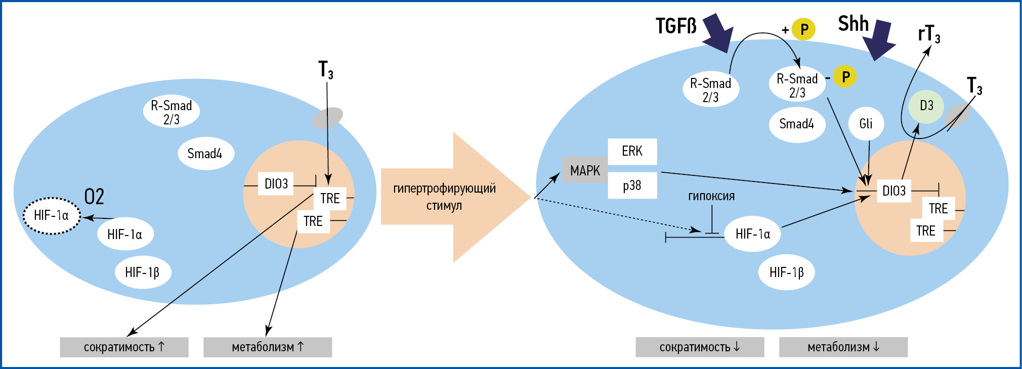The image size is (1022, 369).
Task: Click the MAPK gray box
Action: click(585, 170)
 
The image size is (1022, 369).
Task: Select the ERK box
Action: click(632, 151)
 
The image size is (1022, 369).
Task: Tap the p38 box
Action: click(632, 186)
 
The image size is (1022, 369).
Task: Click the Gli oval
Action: click(866, 123)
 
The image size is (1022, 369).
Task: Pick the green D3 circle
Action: click(926, 106)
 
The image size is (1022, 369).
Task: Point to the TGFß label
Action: click(676, 26)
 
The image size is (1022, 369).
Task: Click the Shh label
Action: click(853, 24)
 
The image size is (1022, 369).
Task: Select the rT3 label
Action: click(929, 34)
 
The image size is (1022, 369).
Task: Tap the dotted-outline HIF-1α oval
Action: click(52, 216)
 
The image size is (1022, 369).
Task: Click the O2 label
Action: click(94, 197)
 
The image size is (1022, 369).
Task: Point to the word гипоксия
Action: click(711, 196)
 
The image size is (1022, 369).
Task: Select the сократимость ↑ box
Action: click(124, 347)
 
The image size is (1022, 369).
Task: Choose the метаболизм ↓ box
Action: click(843, 347)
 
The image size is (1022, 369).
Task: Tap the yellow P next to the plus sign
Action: click(803, 29)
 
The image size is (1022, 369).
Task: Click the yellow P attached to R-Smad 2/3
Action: click(845, 77)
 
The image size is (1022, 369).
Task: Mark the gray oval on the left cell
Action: click(327, 118)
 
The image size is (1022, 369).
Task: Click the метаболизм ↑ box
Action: click(268, 347)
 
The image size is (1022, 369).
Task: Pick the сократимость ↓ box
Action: click(700, 347)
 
